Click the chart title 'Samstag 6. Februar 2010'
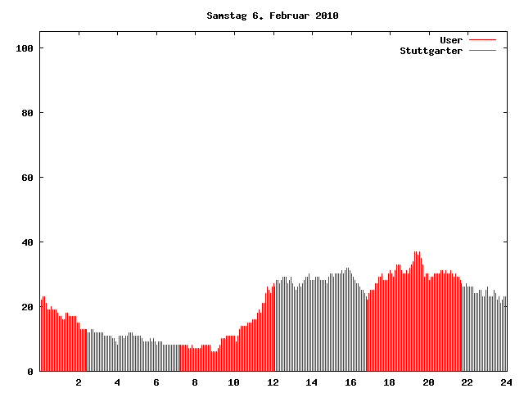click(x=273, y=16)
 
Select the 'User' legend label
click(x=451, y=40)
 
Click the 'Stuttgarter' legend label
click(x=431, y=51)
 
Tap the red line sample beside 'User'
click(x=483, y=40)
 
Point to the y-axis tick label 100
click(x=24, y=48)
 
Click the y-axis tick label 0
click(x=30, y=372)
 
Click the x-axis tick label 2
click(x=79, y=382)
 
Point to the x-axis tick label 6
click(x=156, y=382)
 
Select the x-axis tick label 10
click(x=234, y=382)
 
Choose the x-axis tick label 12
click(x=273, y=382)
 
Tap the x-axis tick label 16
click(x=350, y=382)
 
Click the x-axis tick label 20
click(x=428, y=382)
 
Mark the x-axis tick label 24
click(x=506, y=382)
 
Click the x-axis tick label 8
click(x=195, y=382)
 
